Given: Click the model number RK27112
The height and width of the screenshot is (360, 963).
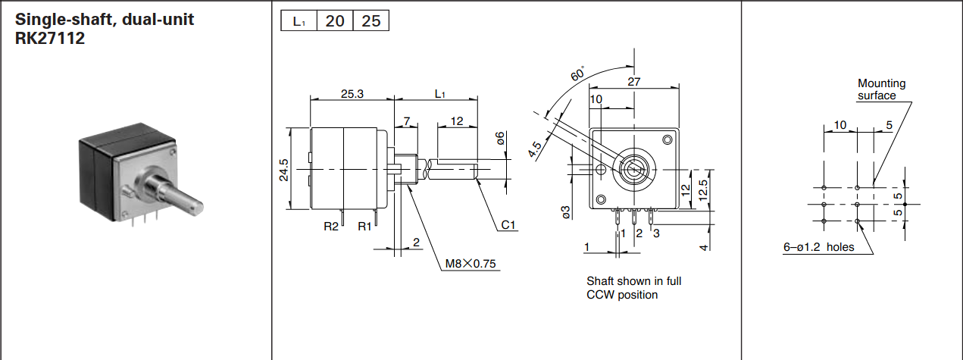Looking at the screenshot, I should point(50,38).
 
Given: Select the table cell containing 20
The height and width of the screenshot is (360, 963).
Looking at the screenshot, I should point(335,21).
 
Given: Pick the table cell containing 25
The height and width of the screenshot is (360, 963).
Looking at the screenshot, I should point(371,21).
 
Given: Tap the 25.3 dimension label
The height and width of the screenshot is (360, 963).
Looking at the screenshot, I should point(352,94).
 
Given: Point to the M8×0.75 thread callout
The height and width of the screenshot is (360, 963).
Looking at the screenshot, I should point(471,264).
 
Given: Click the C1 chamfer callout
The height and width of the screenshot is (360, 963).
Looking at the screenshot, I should point(508,225).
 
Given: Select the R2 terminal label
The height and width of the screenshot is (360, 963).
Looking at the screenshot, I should point(331,226).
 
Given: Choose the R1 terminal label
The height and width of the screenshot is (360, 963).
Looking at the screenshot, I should point(365,226).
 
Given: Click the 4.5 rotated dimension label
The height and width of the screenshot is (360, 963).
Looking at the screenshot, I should point(536,149).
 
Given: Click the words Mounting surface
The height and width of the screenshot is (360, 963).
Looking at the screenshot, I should point(881,89).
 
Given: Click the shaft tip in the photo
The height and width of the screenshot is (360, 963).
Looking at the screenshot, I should point(196,203).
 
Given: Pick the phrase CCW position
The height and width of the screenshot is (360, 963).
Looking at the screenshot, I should point(622,294).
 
